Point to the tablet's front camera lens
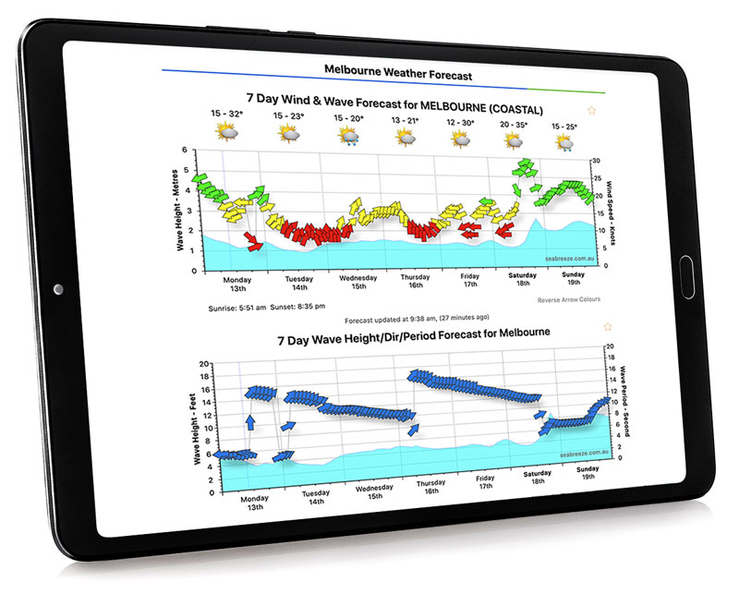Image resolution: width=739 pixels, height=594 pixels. pos(58,289)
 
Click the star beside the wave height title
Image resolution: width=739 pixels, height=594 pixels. pos(607,327)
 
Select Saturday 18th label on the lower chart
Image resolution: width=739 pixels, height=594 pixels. pos(539,478)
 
